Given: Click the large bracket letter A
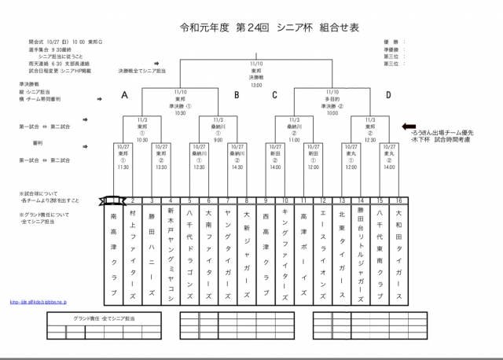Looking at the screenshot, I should tap(124, 95).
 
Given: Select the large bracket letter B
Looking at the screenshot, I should tap(236, 95).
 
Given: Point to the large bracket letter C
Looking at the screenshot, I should tap(275, 95).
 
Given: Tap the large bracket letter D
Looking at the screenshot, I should tap(387, 95).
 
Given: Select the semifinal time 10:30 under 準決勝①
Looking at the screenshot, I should tap(180, 113).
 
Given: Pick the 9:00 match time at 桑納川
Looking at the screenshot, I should tap(218, 139).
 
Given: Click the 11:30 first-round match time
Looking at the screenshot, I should tap(123, 167).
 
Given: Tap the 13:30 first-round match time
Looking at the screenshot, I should tap(161, 167).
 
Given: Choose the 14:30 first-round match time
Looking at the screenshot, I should tap(237, 167).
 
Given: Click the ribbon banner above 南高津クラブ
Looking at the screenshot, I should tap(113, 200).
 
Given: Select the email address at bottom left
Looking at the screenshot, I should tap(38, 301).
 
